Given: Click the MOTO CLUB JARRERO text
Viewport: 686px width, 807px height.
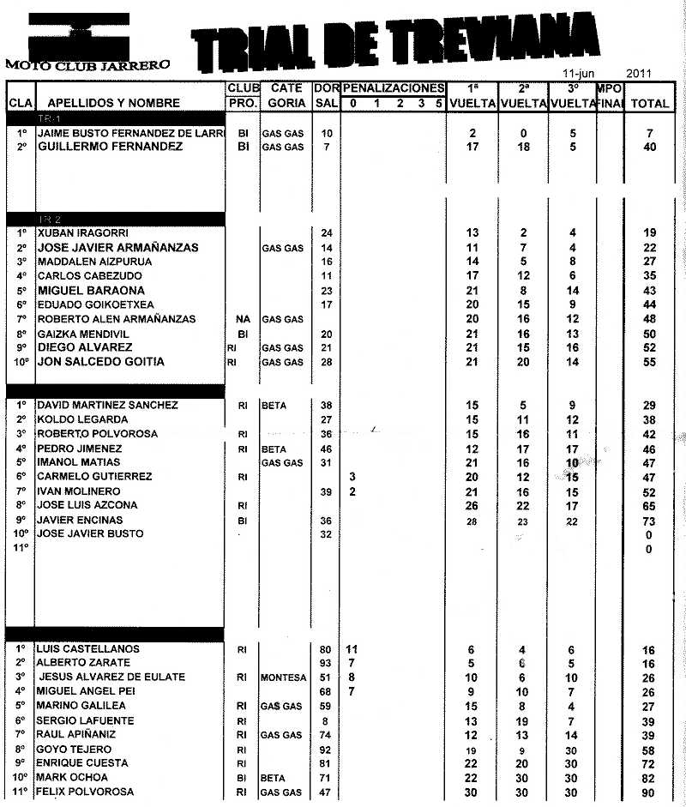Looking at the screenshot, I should click(x=87, y=64).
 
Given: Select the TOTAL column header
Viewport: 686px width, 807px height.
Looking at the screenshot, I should click(x=649, y=104).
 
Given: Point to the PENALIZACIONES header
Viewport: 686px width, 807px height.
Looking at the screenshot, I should click(x=394, y=88).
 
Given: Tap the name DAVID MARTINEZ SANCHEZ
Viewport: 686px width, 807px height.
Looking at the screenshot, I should click(x=108, y=405).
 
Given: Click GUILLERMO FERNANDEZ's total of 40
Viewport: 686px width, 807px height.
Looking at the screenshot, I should click(x=649, y=148).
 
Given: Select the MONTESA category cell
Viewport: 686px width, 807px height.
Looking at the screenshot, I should click(x=284, y=678).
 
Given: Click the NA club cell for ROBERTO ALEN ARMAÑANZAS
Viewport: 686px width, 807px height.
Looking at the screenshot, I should click(x=243, y=319).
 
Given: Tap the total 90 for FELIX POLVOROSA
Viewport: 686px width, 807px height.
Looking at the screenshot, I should click(x=649, y=792).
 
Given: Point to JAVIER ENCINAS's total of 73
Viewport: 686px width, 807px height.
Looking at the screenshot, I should click(x=649, y=520).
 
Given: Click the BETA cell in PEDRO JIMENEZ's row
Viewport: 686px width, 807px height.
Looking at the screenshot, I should click(x=274, y=449).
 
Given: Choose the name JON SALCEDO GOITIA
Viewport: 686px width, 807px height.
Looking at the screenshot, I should click(x=101, y=362).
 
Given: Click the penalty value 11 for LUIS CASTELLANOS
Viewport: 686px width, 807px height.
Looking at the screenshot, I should click(x=352, y=649).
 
